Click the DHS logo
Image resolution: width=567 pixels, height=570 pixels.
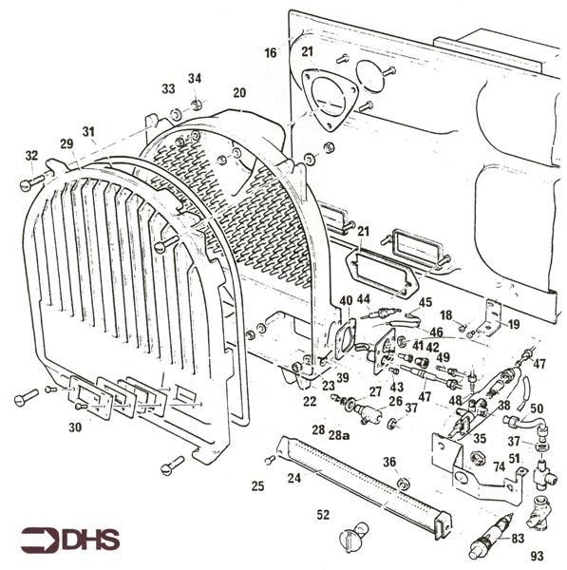pos(71,540)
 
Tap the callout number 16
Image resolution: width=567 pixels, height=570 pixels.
pos(271,53)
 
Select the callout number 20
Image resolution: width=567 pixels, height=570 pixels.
pos(238,92)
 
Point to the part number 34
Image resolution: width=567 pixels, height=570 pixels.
pos(195,78)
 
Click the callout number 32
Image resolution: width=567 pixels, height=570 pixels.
pos(31,155)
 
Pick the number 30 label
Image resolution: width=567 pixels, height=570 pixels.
pos(75,427)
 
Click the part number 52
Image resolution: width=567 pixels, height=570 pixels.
pos(323,515)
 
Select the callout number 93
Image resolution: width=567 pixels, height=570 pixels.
pos(537,556)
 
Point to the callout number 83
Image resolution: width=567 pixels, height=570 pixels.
pos(518,539)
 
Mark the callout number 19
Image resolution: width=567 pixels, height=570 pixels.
pos(513,324)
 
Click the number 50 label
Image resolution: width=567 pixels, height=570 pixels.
pos(537,408)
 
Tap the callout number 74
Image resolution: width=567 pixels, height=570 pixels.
pos(499,466)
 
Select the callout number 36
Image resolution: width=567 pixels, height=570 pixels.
pos(388,462)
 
